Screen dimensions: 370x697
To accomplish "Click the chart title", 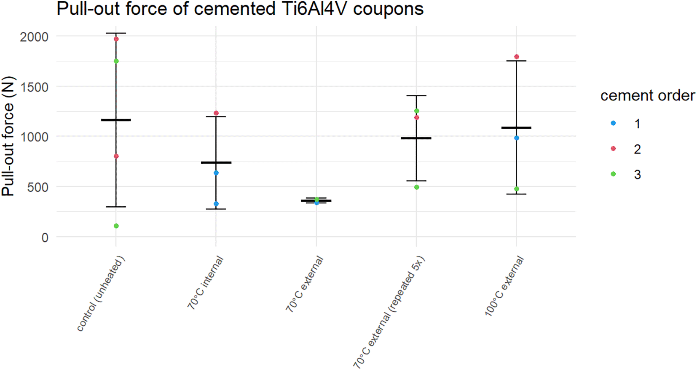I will coord(240,9).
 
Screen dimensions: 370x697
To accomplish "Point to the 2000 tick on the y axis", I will coord(34,37).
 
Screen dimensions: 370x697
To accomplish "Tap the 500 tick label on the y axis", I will coord(38,187).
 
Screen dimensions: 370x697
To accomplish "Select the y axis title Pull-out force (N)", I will coord(8,136).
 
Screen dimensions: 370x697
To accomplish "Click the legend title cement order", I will coord(647,96).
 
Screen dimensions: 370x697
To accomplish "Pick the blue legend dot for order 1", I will coord(613,123).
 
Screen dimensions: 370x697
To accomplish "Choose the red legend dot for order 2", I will coord(613,149).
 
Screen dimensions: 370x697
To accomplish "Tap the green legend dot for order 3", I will coord(613,174).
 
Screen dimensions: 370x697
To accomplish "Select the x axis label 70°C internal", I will coord(205,282).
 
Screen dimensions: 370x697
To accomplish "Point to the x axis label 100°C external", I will coord(504,286).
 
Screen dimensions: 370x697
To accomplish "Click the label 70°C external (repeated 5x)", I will coord(389,312).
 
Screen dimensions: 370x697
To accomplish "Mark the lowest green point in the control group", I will coord(116,226).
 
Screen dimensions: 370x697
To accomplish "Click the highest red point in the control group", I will coord(116,39).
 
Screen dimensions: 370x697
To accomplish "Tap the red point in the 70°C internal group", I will coord(216,113).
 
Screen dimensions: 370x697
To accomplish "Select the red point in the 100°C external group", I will coord(517,57).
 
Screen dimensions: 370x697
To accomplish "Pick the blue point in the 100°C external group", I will coord(517,138).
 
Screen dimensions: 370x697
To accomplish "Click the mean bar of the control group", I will coord(116,120).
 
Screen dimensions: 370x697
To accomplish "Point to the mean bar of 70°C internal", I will coord(216,162).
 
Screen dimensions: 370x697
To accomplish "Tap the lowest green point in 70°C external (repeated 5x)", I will coord(417,187).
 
